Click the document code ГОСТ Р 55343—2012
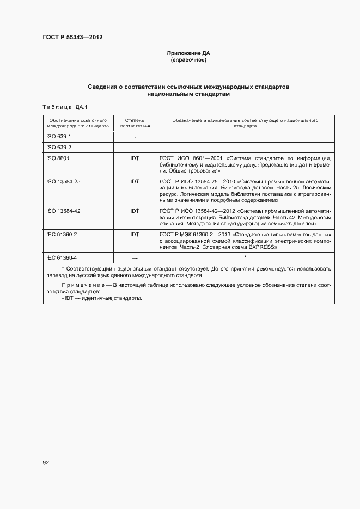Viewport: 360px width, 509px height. pos(73,38)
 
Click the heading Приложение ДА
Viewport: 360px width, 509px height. pos(188,53)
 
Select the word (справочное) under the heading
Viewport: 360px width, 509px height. pos(188,60)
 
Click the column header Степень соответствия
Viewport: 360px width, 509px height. pos(135,122)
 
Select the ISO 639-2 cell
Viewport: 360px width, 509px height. pos(59,147)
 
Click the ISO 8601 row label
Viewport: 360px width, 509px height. pos(58,158)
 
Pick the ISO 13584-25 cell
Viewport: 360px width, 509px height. pos(63,181)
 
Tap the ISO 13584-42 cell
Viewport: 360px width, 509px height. pos(63,210)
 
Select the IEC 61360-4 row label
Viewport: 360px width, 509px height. pos(62,257)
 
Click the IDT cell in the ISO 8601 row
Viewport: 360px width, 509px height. pos(135,158)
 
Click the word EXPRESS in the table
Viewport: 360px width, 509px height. pos(262,247)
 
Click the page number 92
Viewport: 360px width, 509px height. pos(46,463)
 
